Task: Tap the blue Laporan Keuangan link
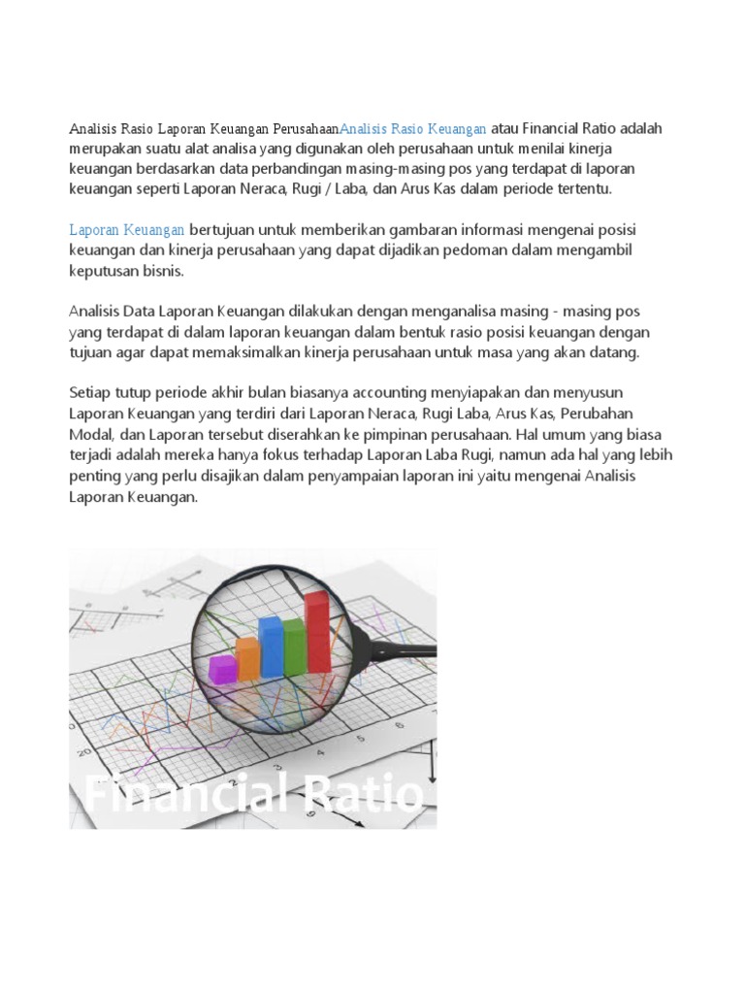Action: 127,229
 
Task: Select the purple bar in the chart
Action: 224,669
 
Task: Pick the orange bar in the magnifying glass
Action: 248,657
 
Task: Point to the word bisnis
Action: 156,273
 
